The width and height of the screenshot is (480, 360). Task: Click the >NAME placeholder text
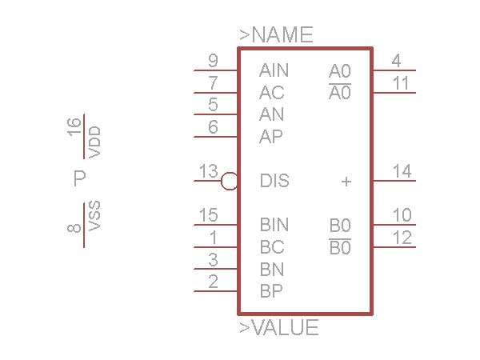point(276,35)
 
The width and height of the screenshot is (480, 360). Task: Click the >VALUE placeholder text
point(279,328)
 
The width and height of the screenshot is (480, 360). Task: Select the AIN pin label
point(274,70)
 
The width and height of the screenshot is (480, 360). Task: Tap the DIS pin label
point(274,181)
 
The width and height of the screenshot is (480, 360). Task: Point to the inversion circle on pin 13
point(230,181)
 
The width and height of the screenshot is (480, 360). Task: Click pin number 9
point(213,61)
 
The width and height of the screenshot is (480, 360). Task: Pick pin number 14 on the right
point(402,171)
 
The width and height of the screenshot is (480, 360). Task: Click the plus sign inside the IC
point(346,182)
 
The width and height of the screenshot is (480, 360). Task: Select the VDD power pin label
point(95,141)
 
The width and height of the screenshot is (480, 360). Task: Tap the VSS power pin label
point(95,216)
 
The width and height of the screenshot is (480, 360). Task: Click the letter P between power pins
point(79,178)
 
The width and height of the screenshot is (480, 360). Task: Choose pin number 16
point(74,126)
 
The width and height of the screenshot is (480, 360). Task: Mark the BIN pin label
point(274,225)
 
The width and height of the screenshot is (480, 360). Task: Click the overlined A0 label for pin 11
point(340,93)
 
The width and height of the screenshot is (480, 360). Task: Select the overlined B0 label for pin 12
point(340,247)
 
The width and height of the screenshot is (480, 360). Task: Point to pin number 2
point(213,281)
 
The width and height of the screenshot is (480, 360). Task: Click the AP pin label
point(271,137)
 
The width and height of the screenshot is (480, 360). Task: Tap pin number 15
point(208,215)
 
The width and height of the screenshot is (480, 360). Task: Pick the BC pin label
point(271,247)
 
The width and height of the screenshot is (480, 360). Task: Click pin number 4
point(397,61)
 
